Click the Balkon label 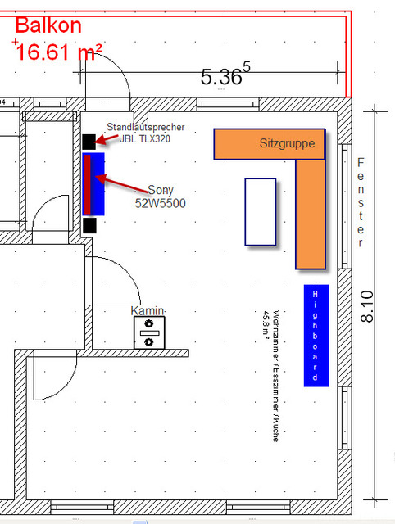[48, 25]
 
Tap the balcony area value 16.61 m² [59, 52]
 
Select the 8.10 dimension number [367, 306]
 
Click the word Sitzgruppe [287, 143]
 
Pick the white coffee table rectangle [261, 212]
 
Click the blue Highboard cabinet [316, 336]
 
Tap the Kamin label [148, 311]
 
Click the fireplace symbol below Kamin [149, 332]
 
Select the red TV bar [88, 184]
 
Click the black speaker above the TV [89, 142]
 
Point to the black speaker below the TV [89, 225]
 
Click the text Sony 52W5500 [160, 196]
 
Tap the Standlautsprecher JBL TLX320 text [146, 133]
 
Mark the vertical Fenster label [361, 202]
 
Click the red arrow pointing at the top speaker [107, 139]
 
